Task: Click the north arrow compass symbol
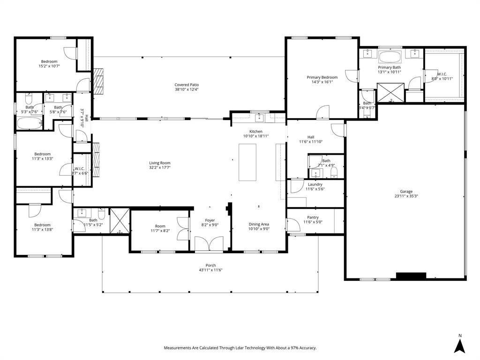click(x=460, y=345)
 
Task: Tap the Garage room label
click(x=406, y=191)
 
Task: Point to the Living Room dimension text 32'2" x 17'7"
click(x=160, y=167)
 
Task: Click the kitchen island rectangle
click(x=247, y=162)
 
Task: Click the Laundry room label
click(x=315, y=184)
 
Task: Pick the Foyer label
click(x=210, y=220)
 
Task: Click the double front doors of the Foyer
click(x=210, y=245)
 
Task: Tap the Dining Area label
click(x=259, y=224)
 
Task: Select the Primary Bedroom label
click(x=322, y=77)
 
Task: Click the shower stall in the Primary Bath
click(x=390, y=92)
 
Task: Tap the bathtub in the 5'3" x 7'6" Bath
click(x=29, y=123)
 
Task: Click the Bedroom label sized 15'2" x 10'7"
click(x=49, y=61)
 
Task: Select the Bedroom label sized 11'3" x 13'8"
click(x=41, y=225)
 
